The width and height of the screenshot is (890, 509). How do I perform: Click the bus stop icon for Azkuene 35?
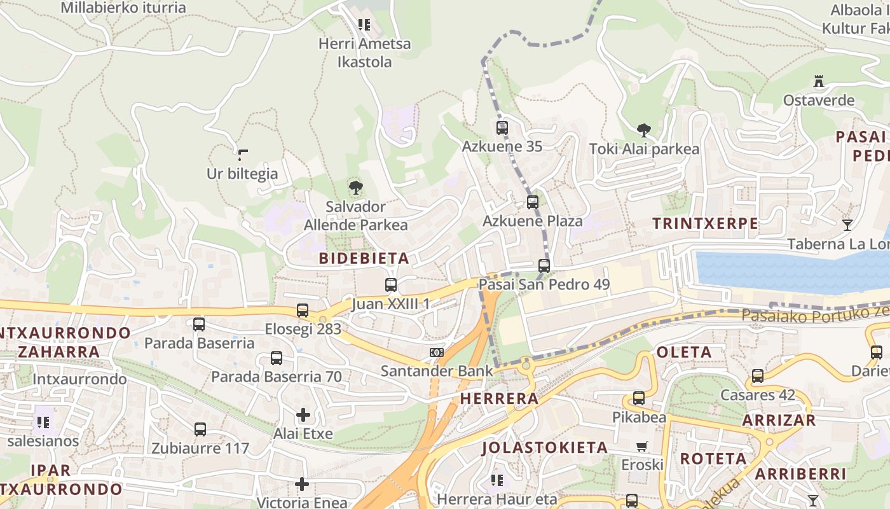point(502,127)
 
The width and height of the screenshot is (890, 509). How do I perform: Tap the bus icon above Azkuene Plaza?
point(533,202)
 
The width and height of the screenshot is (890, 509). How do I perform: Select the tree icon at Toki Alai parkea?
point(643,130)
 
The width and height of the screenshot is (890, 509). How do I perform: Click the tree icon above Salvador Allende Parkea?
point(355,188)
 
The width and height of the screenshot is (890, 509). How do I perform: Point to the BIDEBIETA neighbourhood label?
point(364,258)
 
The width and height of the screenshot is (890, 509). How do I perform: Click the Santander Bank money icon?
point(437,352)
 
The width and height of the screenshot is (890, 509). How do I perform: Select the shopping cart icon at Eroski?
point(642,446)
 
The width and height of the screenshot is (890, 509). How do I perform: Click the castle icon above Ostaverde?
point(818,81)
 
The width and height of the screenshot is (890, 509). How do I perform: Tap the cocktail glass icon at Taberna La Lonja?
point(847,225)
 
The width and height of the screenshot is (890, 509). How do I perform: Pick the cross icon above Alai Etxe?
point(303,415)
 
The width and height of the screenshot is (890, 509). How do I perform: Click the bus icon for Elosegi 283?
point(303,310)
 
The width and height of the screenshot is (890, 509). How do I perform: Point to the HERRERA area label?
point(499,399)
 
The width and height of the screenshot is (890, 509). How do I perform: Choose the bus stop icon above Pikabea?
point(639,398)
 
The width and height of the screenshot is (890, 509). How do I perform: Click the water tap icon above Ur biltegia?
point(242,154)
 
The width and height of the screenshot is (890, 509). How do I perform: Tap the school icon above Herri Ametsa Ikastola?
point(364,25)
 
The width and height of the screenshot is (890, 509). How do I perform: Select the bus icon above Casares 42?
point(758,375)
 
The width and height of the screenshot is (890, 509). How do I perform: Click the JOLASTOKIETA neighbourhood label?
point(545,447)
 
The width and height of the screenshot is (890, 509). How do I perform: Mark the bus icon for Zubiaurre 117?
point(200,429)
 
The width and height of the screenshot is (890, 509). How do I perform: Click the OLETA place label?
point(684,352)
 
